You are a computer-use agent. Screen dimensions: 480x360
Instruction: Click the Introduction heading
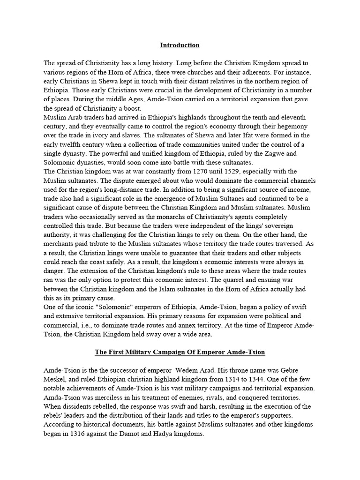tap(180, 45)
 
